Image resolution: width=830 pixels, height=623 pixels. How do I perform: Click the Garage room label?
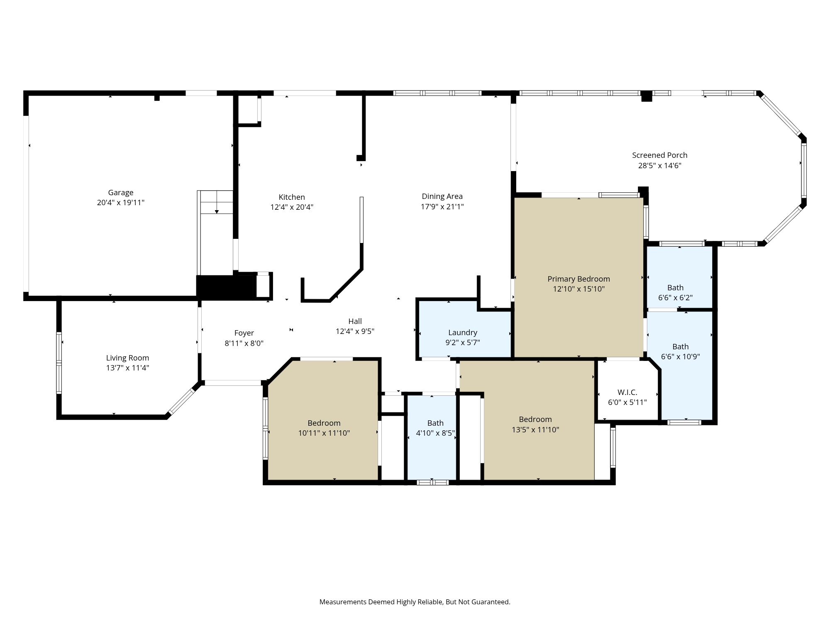click(x=121, y=192)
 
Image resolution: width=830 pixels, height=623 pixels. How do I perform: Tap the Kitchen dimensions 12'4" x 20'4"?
click(x=292, y=207)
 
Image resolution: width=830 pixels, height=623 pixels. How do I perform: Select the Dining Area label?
click(x=442, y=196)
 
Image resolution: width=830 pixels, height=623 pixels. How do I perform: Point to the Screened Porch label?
click(x=659, y=155)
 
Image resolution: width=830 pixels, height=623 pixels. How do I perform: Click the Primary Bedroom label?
click(x=579, y=279)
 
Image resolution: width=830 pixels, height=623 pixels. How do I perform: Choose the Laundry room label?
click(x=462, y=332)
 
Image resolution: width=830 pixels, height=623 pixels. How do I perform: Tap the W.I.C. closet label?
click(x=627, y=392)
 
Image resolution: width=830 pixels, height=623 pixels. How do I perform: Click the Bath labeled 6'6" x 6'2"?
click(x=675, y=287)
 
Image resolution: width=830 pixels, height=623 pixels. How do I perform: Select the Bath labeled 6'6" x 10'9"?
click(x=680, y=346)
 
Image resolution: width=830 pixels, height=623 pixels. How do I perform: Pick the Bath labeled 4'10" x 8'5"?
click(x=435, y=423)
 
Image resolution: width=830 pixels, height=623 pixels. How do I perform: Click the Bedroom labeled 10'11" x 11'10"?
click(x=324, y=423)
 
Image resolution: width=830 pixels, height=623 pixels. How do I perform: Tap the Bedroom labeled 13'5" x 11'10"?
click(x=535, y=419)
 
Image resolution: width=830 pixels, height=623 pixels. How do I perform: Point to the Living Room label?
click(x=127, y=358)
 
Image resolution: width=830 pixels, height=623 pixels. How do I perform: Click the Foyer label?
click(x=244, y=333)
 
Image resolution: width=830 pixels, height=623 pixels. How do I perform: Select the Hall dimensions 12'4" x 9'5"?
click(x=355, y=331)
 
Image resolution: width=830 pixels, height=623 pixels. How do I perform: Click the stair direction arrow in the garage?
click(x=217, y=211)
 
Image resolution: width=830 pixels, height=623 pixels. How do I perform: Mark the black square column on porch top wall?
click(x=647, y=96)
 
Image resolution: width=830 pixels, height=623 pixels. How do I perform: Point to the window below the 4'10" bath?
click(x=432, y=482)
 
